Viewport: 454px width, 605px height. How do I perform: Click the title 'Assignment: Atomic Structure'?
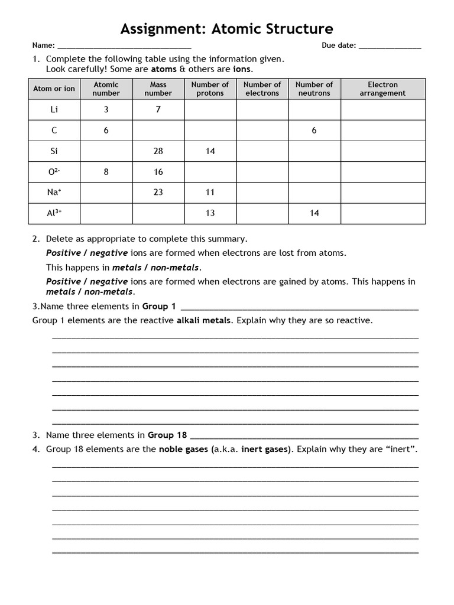[x=227, y=28]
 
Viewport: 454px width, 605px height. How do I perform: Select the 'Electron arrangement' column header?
[x=382, y=89]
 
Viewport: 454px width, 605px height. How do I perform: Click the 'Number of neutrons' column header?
[x=314, y=89]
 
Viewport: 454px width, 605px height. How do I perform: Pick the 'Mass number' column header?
[x=158, y=89]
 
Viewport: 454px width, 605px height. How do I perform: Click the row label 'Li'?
[x=54, y=110]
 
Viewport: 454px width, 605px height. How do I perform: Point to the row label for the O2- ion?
[x=54, y=171]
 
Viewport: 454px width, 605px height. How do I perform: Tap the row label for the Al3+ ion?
[x=54, y=213]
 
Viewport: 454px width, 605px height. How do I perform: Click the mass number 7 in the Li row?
[x=158, y=110]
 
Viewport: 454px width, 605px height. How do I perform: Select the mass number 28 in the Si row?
[x=158, y=151]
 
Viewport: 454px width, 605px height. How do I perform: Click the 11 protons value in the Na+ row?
[x=210, y=193]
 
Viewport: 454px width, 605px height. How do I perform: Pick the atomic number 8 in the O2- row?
[x=106, y=172]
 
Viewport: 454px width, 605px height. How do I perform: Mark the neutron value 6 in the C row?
[x=314, y=131]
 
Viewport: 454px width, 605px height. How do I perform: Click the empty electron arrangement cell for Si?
[x=382, y=151]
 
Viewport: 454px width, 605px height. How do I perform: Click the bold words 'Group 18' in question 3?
[x=167, y=435]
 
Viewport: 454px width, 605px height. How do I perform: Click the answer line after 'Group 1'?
[x=299, y=307]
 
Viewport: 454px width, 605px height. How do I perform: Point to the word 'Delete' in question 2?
[x=59, y=239]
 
